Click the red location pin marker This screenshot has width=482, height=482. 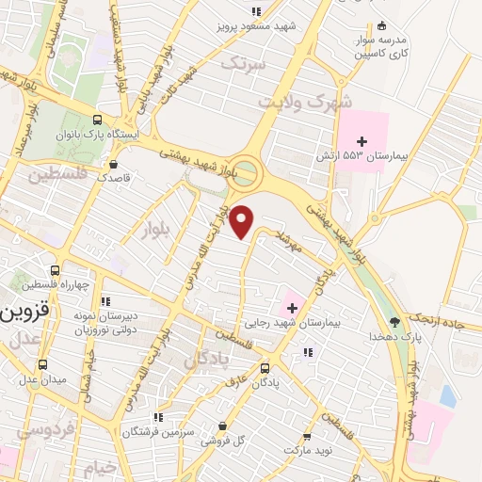(243, 221)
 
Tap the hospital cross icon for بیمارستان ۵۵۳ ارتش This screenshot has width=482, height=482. (361, 141)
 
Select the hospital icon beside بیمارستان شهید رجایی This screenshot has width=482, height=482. (291, 308)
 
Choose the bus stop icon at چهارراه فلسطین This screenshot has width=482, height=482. (56, 270)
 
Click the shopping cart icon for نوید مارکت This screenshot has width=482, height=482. (307, 437)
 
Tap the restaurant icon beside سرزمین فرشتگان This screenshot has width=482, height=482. (158, 416)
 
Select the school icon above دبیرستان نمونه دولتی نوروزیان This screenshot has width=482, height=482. (104, 299)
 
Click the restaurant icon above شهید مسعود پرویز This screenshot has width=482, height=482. (255, 11)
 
